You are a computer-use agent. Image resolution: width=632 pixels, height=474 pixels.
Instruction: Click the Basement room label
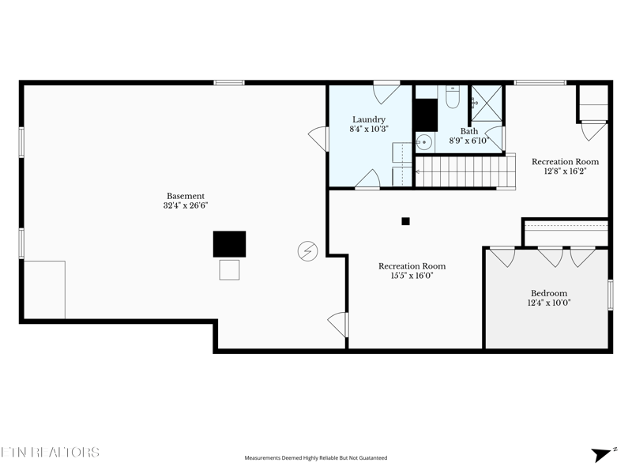tap(186, 196)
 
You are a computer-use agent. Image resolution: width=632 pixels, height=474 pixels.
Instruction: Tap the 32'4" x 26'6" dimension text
tap(186, 205)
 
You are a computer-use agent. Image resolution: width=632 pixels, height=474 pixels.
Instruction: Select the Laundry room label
tap(369, 120)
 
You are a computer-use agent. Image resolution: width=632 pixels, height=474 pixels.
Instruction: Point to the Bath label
tap(469, 131)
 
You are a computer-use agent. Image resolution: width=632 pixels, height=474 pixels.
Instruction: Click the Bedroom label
tap(549, 293)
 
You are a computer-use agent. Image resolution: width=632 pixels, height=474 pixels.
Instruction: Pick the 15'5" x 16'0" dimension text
tap(412, 276)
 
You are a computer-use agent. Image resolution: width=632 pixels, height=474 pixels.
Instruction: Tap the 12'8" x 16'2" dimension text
tap(565, 171)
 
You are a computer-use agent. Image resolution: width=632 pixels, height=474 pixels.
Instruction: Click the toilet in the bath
tap(452, 96)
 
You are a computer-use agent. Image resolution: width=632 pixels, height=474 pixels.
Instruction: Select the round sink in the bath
tap(424, 142)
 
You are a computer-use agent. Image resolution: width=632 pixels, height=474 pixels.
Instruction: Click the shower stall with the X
tap(487, 103)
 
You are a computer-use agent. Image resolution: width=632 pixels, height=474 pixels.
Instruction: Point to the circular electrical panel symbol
tap(307, 251)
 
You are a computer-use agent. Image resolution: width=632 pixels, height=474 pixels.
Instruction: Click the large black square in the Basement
tap(229, 244)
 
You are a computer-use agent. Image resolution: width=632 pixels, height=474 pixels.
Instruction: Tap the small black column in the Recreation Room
tap(405, 221)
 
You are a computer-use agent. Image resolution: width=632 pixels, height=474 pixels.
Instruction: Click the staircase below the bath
tap(465, 171)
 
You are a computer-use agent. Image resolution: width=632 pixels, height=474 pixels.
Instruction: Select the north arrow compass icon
tap(604, 453)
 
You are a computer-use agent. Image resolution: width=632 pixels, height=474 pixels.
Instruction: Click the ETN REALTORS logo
tap(50, 452)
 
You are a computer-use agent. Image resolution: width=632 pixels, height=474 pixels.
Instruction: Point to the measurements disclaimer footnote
tap(316, 458)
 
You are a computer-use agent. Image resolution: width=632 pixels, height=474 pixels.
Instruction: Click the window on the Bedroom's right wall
tap(611, 295)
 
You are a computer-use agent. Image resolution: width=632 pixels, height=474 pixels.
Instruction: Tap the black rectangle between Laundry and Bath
tap(427, 115)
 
